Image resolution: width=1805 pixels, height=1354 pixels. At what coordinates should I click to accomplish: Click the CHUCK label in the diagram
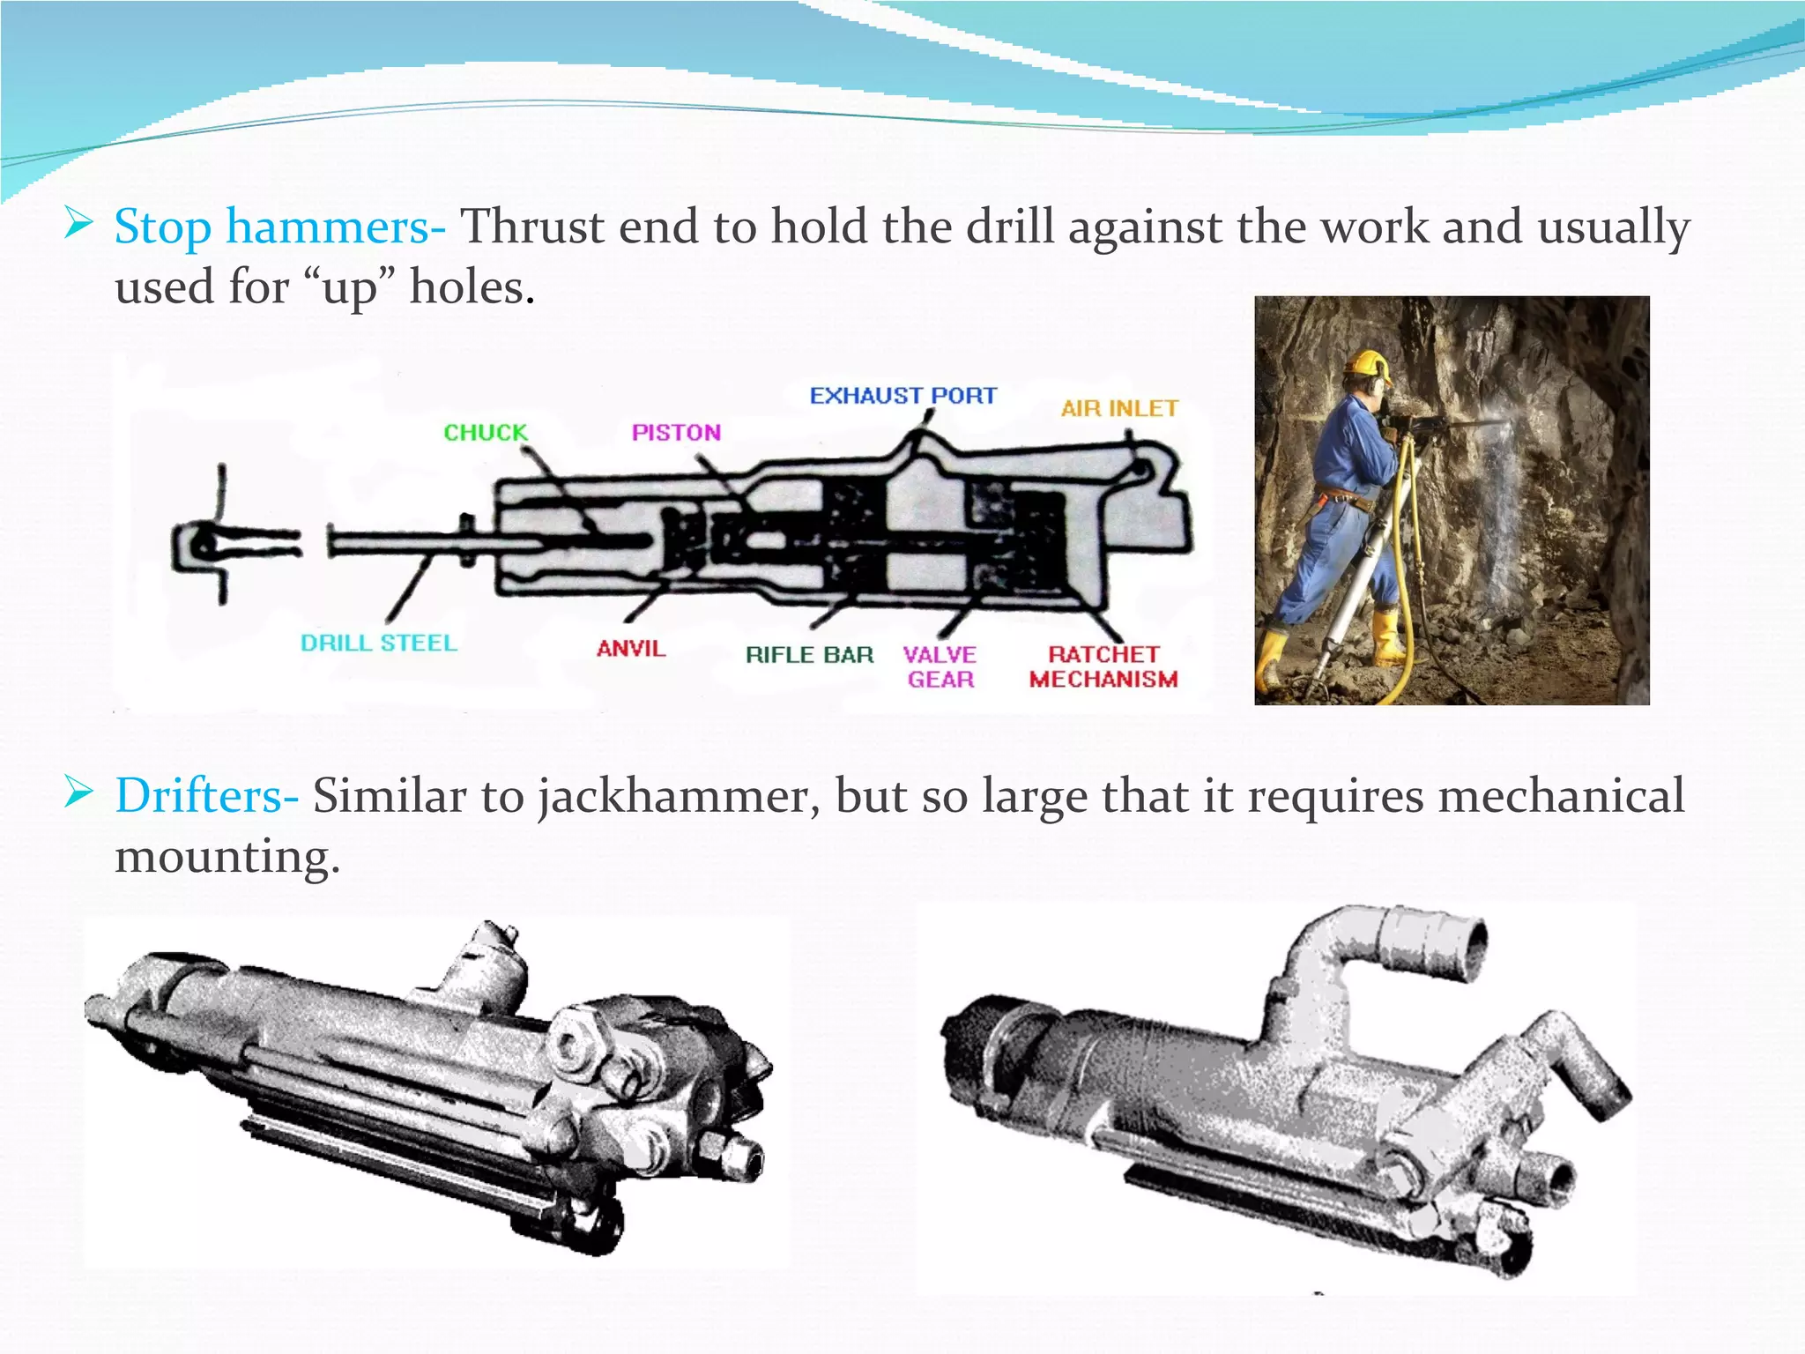(x=485, y=433)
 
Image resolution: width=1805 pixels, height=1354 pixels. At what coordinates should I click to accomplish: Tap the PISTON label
(x=676, y=433)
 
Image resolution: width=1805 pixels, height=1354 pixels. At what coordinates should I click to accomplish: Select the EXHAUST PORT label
(x=903, y=396)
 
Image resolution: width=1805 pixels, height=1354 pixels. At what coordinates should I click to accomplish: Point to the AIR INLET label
(x=1119, y=409)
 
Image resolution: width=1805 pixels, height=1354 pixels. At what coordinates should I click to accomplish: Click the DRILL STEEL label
(x=379, y=643)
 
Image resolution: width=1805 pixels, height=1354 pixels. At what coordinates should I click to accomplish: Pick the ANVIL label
(x=631, y=649)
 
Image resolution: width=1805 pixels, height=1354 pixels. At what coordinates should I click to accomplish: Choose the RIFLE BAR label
(x=809, y=655)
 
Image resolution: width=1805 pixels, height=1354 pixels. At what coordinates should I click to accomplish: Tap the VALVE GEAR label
(x=940, y=667)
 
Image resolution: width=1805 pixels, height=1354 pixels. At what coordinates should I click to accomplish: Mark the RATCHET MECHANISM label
(x=1103, y=667)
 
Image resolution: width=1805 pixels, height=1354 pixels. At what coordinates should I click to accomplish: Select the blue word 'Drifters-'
(x=206, y=796)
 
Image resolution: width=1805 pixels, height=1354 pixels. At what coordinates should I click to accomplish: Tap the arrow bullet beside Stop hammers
(x=79, y=225)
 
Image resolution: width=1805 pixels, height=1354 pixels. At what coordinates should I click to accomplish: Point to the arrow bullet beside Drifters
(x=79, y=794)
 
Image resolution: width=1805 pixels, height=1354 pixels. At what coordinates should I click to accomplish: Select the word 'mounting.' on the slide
(x=227, y=856)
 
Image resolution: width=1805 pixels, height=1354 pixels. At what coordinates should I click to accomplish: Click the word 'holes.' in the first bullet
(x=472, y=287)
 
